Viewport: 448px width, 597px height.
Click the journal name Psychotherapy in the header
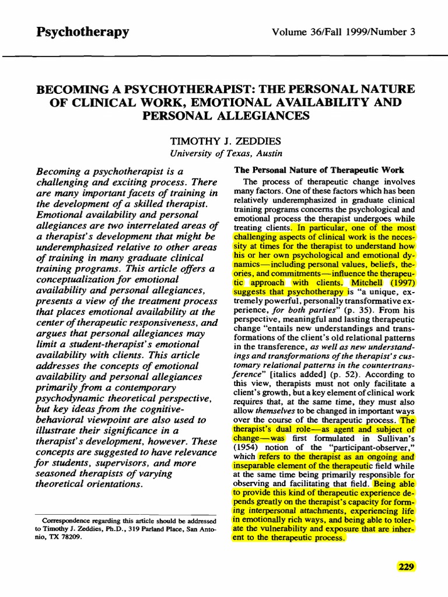coord(82,31)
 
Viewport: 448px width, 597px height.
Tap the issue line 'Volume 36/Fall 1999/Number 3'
coord(344,31)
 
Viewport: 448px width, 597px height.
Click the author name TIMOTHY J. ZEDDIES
coord(225,142)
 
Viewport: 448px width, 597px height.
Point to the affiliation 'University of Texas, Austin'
coord(225,153)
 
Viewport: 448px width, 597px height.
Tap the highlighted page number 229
coord(406,566)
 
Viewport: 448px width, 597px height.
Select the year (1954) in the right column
coord(246,447)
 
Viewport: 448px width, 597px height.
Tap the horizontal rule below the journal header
coord(224,56)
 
